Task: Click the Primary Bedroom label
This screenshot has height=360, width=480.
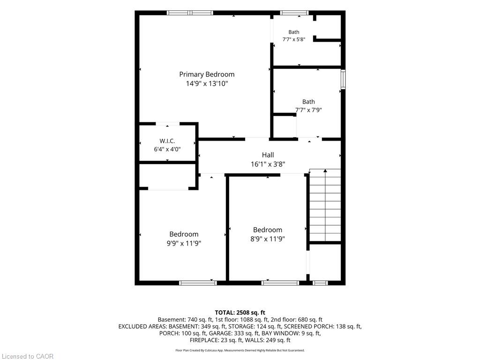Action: click(x=207, y=75)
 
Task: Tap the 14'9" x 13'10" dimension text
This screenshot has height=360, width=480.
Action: click(x=207, y=83)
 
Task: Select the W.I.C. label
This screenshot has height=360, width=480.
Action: click(x=167, y=141)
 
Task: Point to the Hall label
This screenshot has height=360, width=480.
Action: click(x=268, y=155)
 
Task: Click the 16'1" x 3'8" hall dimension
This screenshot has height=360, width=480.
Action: click(x=268, y=164)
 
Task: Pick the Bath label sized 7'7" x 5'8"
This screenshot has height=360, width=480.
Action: click(x=294, y=32)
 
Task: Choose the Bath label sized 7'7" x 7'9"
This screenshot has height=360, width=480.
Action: click(x=308, y=102)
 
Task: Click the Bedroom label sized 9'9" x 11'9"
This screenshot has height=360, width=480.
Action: click(x=184, y=234)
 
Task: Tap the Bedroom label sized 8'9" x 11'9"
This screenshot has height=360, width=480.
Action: click(x=268, y=230)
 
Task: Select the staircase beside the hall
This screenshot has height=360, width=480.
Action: click(x=325, y=205)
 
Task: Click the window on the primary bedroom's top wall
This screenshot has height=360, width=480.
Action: click(x=190, y=13)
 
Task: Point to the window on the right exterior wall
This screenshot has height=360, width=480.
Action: click(x=343, y=79)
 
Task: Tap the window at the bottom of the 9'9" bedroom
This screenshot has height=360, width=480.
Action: click(x=198, y=283)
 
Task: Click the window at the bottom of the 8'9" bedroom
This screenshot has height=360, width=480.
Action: click(x=280, y=283)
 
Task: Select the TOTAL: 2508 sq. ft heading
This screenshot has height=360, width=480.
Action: click(x=240, y=313)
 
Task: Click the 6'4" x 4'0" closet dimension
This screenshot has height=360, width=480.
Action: click(x=167, y=150)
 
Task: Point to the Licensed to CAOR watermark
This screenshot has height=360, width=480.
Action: click(x=28, y=356)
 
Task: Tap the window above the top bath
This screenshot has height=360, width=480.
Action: click(x=294, y=13)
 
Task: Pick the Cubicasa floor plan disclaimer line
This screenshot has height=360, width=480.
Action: click(x=240, y=350)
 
